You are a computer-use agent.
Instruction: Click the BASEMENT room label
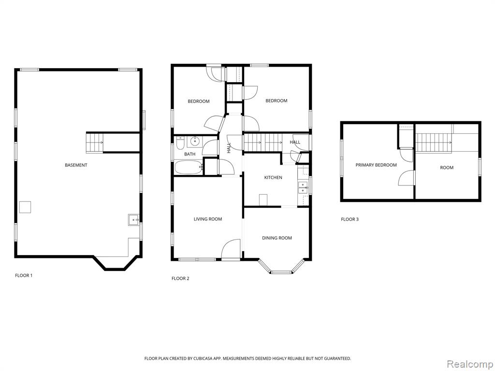pyautogui.click(x=76, y=165)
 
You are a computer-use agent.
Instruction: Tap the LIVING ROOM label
pyautogui.click(x=208, y=219)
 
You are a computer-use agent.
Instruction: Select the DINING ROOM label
pyautogui.click(x=277, y=238)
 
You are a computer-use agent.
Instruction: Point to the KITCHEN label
pyautogui.click(x=273, y=178)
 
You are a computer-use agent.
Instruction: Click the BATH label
pyautogui.click(x=189, y=154)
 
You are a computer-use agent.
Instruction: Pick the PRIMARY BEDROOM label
pyautogui.click(x=376, y=165)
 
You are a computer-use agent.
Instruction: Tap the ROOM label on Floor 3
pyautogui.click(x=447, y=168)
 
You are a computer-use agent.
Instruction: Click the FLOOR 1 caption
pyautogui.click(x=24, y=275)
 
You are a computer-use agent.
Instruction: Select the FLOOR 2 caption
pyautogui.click(x=180, y=278)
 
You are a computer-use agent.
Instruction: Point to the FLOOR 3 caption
pyautogui.click(x=350, y=219)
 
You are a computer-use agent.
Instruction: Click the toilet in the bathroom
pyautogui.click(x=180, y=143)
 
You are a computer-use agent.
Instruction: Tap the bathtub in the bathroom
pyautogui.click(x=189, y=167)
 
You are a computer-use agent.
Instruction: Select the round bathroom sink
pyautogui.click(x=194, y=142)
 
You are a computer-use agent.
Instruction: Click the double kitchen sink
pyautogui.click(x=303, y=187)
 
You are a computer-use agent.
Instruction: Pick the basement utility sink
pyautogui.click(x=133, y=219)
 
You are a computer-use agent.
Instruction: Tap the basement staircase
pyautogui.click(x=95, y=143)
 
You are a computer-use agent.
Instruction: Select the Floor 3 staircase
pyautogui.click(x=434, y=143)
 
